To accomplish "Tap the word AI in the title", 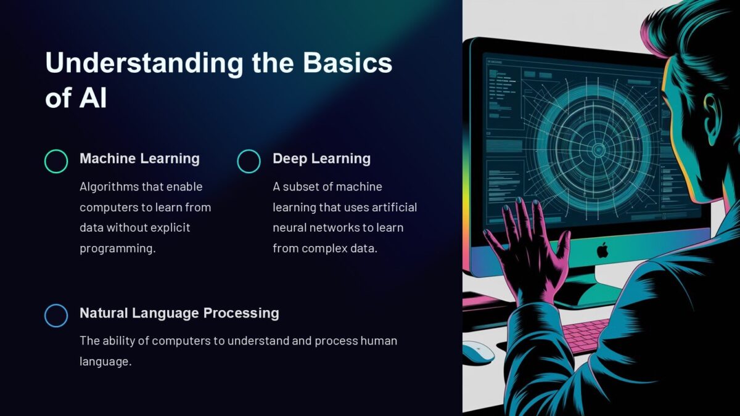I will coord(93,99).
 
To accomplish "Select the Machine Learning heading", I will coord(139,158).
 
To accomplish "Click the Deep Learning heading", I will coord(321,158).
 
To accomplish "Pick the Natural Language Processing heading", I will coord(179,312).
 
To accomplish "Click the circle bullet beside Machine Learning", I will coord(56,161).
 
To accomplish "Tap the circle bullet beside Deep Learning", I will coord(249,161).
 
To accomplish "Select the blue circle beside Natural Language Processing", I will coord(56,315).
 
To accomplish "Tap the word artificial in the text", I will coord(394,207).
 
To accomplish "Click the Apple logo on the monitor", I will coord(602,250).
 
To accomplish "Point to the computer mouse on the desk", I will coord(478,352).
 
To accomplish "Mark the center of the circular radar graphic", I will coord(597,149).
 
